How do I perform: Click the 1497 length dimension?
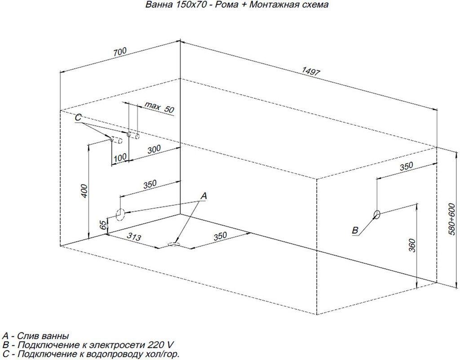(311, 71)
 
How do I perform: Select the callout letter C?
(78, 118)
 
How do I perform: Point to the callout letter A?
(203, 196)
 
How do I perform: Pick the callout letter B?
(355, 230)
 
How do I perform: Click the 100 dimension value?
(120, 158)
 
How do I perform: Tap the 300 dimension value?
(154, 149)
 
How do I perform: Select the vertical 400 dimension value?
(84, 191)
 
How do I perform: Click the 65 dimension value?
(103, 225)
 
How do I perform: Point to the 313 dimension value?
(134, 236)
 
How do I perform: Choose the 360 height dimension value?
(412, 245)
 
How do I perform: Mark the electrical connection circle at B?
(377, 214)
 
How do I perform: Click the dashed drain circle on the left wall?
(120, 214)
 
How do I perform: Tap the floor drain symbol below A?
(173, 244)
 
